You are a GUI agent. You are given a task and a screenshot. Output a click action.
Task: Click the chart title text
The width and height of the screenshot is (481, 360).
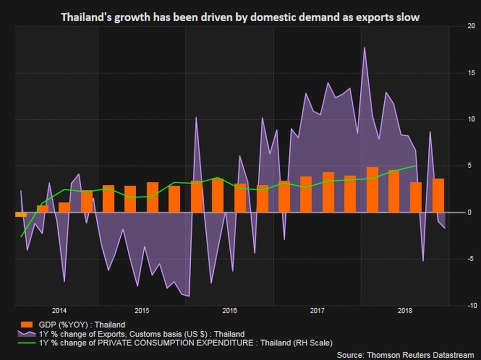click(240, 17)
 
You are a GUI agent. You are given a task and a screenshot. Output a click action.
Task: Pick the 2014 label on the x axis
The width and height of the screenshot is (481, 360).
click(59, 311)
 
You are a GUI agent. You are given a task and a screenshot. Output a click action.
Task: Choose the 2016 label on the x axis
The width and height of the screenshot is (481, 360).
click(229, 311)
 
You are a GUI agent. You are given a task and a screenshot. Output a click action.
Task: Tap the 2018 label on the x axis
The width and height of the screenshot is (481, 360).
click(405, 311)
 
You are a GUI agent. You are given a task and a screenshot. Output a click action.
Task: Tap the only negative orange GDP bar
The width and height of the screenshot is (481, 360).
click(21, 214)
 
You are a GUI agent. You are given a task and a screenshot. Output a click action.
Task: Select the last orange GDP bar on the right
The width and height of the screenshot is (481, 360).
click(438, 196)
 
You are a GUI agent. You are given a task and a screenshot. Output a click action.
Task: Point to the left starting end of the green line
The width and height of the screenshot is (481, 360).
click(21, 236)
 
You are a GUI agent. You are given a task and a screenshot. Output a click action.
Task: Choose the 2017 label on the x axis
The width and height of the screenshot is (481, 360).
click(318, 311)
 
